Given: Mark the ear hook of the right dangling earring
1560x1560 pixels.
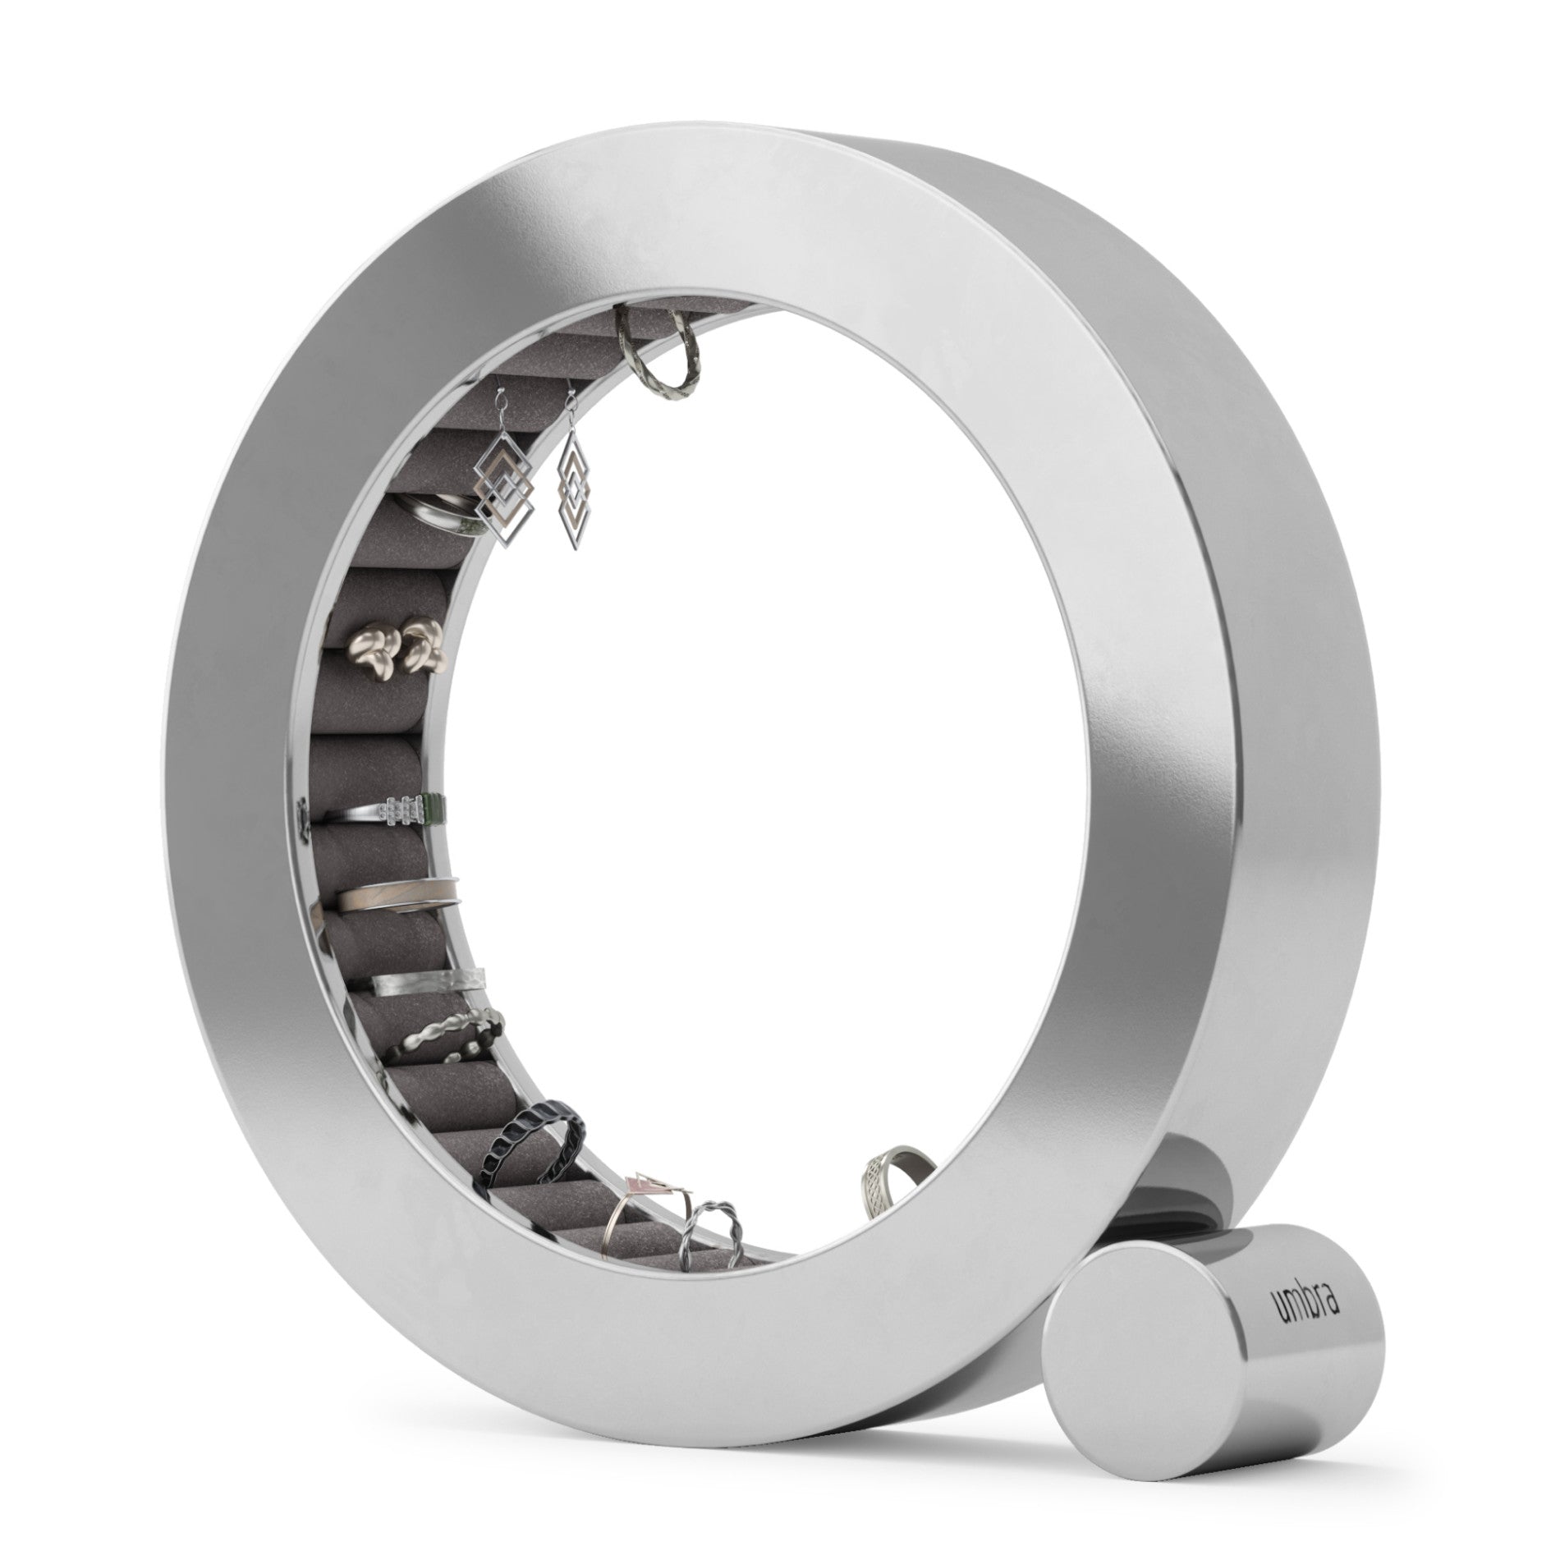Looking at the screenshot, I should coord(568,415).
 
